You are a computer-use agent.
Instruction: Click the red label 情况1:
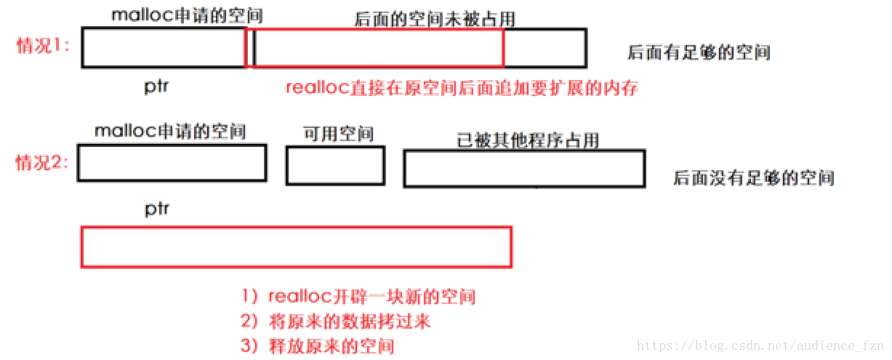pos(43,46)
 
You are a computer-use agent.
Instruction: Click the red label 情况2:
pos(43,163)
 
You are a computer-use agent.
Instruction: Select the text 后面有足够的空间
pos(699,52)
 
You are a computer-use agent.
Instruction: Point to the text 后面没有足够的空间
pos(753,178)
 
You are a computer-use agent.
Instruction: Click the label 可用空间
pos(338,134)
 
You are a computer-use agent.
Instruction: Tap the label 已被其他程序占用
pos(528,140)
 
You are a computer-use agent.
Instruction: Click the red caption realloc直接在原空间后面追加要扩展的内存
pos(462,88)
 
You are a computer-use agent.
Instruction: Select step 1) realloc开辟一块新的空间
pos(359,297)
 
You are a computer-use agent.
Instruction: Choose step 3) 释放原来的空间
pos(318,345)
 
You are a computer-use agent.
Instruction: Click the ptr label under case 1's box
pos(156,87)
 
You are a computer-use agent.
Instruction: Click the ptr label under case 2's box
pos(156,209)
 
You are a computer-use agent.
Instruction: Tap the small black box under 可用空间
pos(335,166)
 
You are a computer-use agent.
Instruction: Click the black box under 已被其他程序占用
pos(524,169)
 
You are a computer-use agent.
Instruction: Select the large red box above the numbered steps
pos(296,247)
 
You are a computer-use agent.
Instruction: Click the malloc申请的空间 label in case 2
pos(170,131)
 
